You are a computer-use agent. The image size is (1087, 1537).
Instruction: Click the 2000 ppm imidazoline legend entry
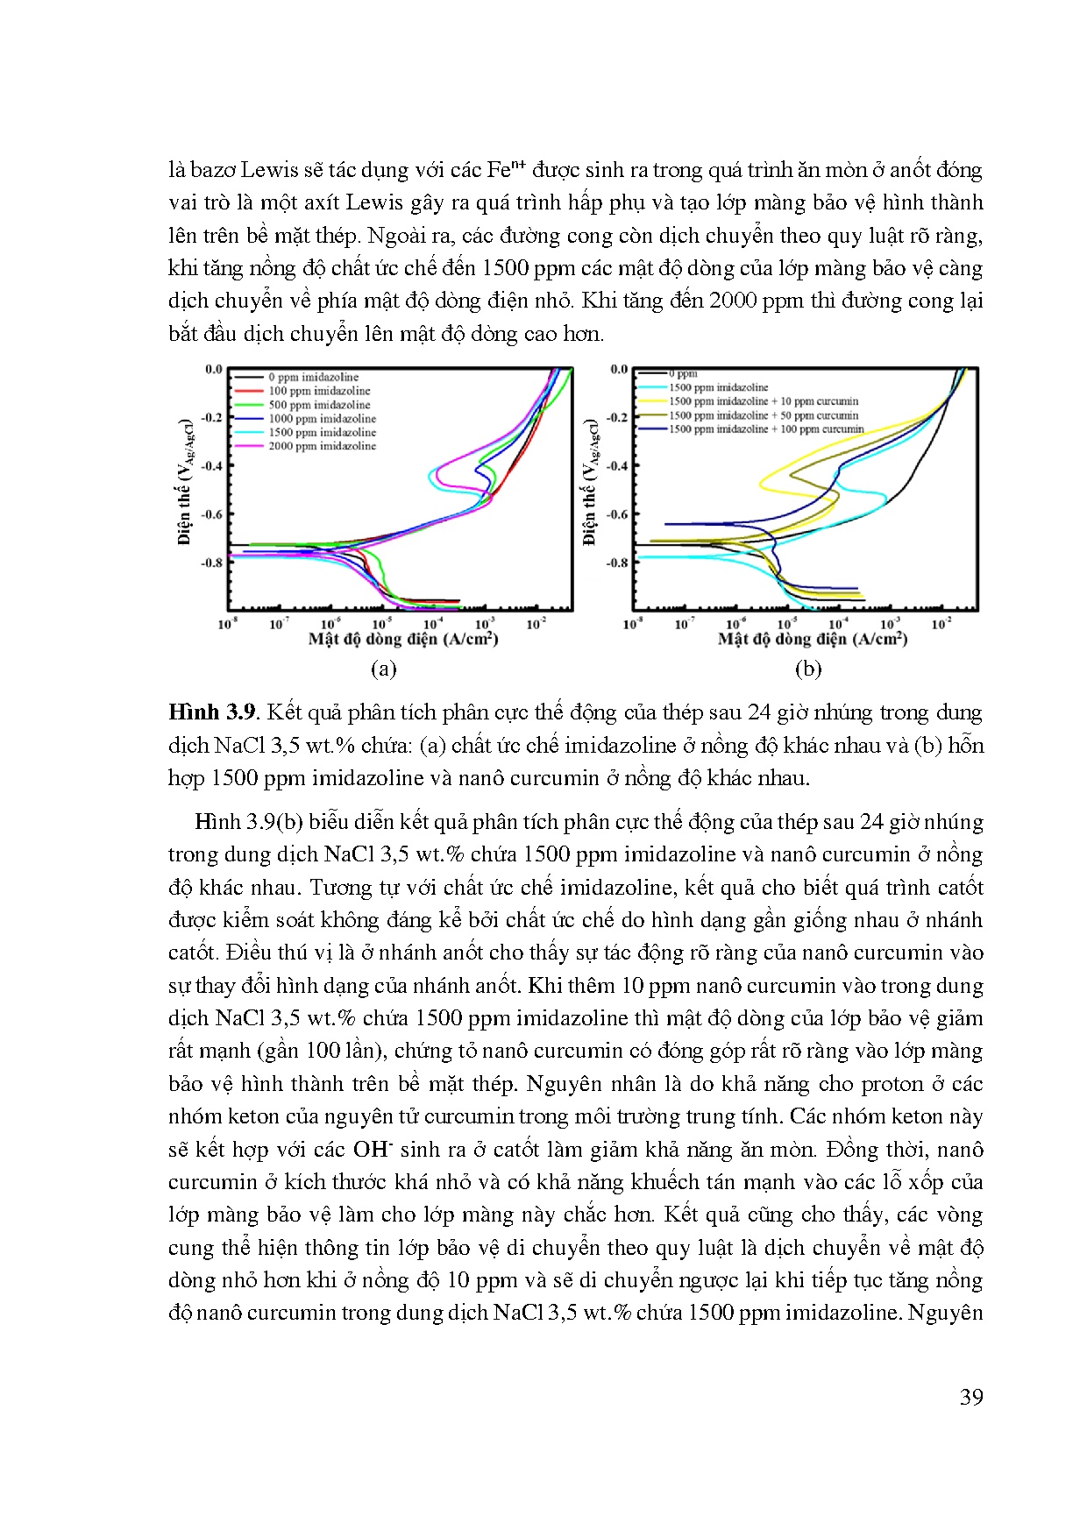coord(322,446)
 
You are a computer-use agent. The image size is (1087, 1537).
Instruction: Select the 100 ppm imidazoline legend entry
coord(319,391)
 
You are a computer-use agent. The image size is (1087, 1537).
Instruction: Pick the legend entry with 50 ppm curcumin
coord(764,415)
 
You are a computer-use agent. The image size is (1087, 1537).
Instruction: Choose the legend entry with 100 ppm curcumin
coord(766,429)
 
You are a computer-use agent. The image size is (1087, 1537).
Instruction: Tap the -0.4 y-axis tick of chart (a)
coord(213,465)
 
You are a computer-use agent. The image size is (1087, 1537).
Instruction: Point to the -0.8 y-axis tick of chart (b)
coord(618,563)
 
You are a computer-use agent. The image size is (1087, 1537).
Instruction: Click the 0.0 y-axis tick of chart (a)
coord(214,369)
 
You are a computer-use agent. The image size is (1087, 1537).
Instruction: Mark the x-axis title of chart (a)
coord(403,640)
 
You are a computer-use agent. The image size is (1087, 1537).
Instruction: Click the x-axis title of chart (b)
coord(812,640)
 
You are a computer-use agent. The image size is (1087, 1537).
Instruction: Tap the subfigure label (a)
coord(383,669)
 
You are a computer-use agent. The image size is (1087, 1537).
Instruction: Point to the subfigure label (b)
coord(807,669)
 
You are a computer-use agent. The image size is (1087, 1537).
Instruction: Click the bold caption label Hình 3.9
coord(213,712)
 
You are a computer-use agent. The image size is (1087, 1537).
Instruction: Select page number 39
coord(971,1397)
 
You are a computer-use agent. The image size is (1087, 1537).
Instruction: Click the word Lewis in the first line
coord(272,170)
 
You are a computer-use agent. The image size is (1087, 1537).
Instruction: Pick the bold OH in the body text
coord(372,1150)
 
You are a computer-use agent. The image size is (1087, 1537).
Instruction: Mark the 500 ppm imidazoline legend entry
coord(319,405)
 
